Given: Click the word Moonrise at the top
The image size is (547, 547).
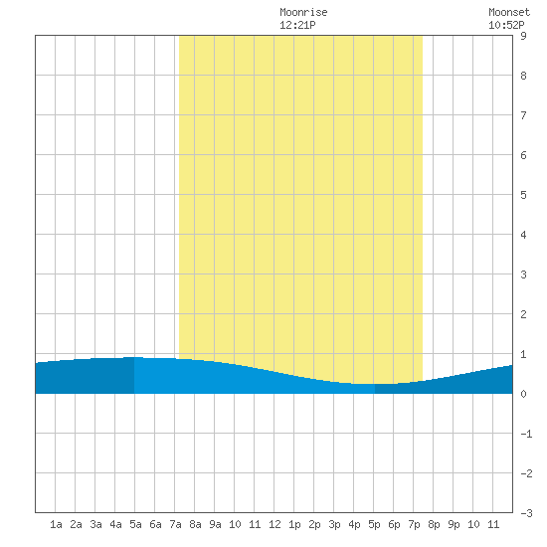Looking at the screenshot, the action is click(303, 12).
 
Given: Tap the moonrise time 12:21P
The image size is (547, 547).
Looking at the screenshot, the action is click(297, 25).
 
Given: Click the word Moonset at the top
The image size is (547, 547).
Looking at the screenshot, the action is click(509, 12).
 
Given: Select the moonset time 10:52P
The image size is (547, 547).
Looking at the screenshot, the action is click(506, 25).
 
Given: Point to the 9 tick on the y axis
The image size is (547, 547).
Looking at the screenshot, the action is click(523, 36).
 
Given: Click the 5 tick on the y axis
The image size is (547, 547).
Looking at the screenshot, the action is click(523, 195).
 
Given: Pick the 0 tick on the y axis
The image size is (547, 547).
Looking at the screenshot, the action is click(523, 394).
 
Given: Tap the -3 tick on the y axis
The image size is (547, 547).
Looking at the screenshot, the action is click(526, 513).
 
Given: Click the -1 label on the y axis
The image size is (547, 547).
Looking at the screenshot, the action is click(526, 434).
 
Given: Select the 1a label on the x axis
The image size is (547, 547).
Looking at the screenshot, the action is click(56, 524).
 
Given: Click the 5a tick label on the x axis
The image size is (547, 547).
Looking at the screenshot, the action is click(135, 524).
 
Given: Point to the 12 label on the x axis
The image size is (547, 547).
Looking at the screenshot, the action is click(274, 524).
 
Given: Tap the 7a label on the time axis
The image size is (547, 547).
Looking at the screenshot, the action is click(175, 524).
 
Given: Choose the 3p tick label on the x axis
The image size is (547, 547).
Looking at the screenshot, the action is click(334, 524).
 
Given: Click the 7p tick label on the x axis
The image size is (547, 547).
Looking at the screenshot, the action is click(414, 524).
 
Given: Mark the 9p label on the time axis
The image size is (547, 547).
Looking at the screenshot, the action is click(454, 524).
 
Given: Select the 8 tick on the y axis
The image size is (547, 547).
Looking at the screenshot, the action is click(523, 76).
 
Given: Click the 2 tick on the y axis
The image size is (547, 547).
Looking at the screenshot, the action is click(523, 314).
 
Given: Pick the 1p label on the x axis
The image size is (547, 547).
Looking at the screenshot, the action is click(294, 524).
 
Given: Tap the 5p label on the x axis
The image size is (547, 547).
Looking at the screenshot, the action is click(374, 524).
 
